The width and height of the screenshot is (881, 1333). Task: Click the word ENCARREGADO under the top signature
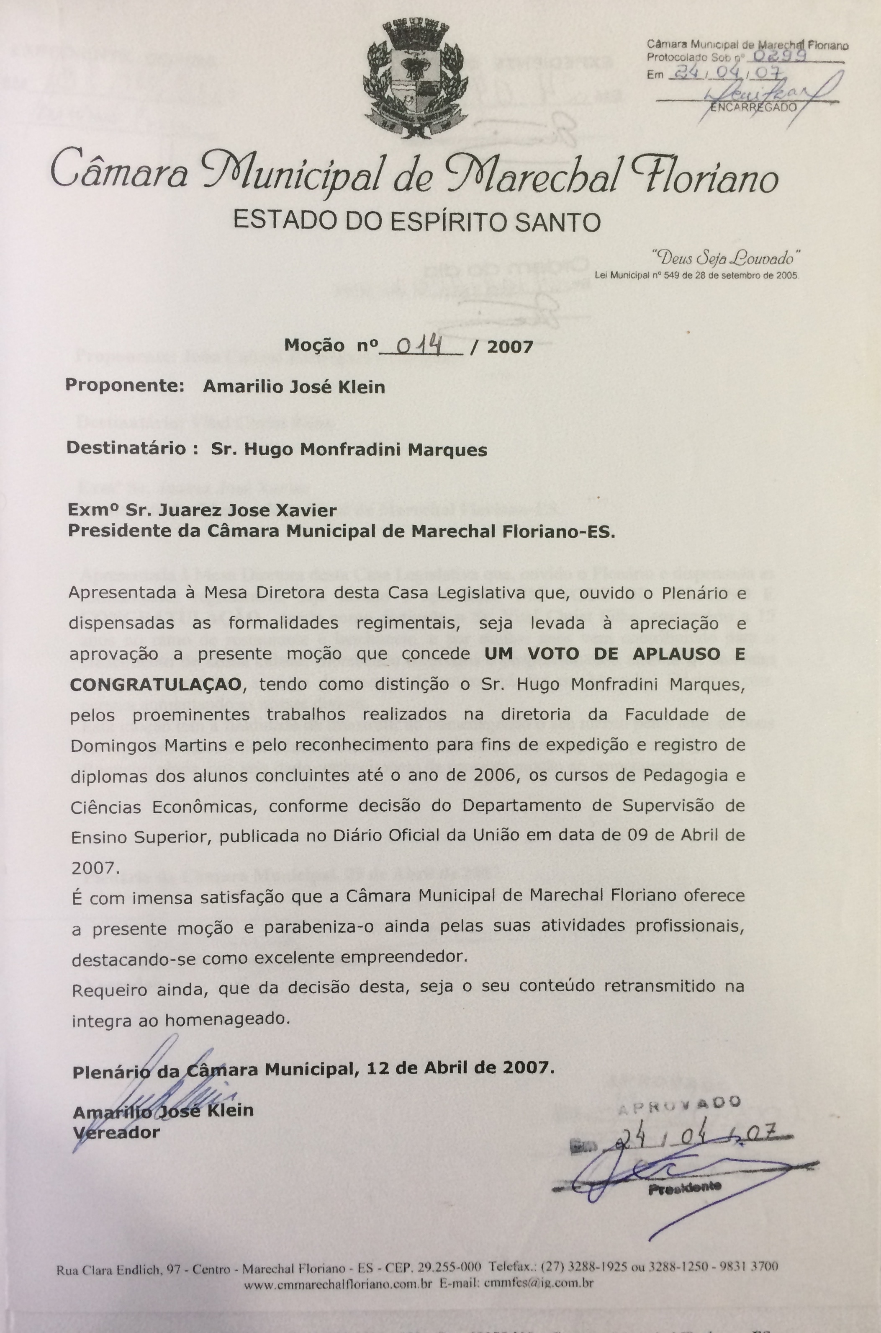tap(753, 107)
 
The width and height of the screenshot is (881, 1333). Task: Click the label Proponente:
tap(125, 386)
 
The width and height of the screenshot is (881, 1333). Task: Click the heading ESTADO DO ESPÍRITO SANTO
tap(417, 221)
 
